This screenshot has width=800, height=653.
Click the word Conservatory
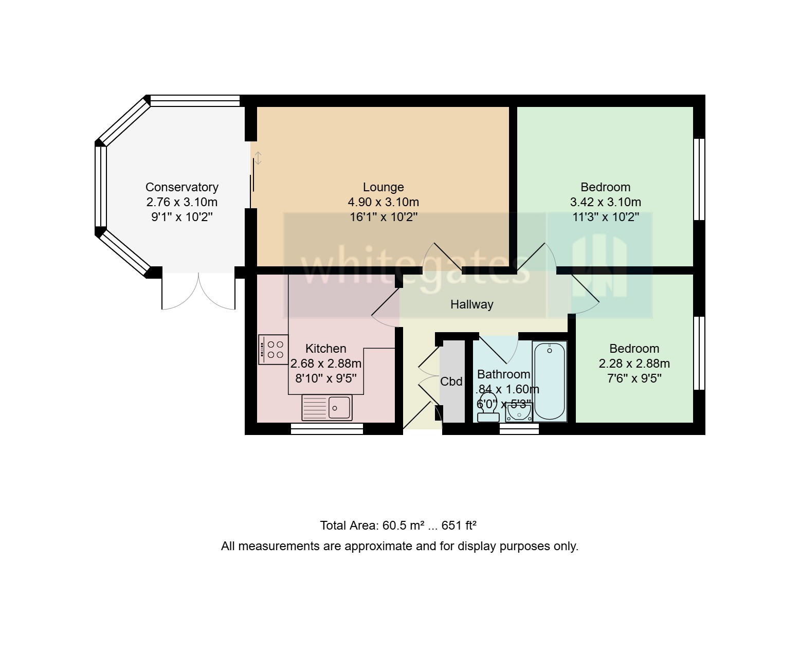181,187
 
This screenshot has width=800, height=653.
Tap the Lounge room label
383,187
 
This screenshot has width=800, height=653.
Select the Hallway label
471,304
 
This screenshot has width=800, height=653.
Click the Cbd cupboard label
451,382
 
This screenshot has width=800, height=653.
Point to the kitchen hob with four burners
274,350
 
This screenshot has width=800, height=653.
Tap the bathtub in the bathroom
550,381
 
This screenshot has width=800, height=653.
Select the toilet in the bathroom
487,409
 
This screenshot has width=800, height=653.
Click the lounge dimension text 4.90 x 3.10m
383,202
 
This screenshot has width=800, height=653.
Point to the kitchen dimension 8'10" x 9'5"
325,379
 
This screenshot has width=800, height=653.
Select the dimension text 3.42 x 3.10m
605,202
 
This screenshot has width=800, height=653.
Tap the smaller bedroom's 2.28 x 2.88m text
634,364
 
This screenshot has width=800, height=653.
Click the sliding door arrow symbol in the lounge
258,158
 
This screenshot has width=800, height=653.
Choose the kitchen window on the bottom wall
327,429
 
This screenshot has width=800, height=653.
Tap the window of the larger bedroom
699,179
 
